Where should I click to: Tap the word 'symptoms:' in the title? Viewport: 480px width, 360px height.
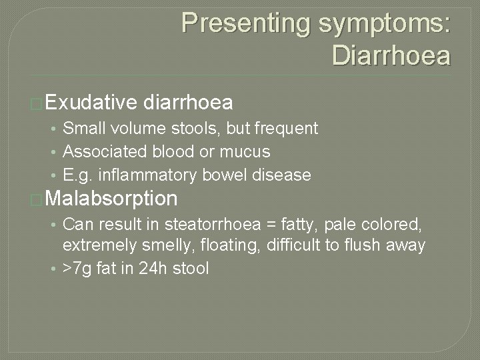pos(385,23)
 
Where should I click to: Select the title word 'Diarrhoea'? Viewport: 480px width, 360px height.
pos(391,55)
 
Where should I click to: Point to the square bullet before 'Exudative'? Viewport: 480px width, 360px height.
pos(39,103)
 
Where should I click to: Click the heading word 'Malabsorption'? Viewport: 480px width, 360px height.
pos(112,199)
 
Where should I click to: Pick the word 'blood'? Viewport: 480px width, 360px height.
pos(175,151)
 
